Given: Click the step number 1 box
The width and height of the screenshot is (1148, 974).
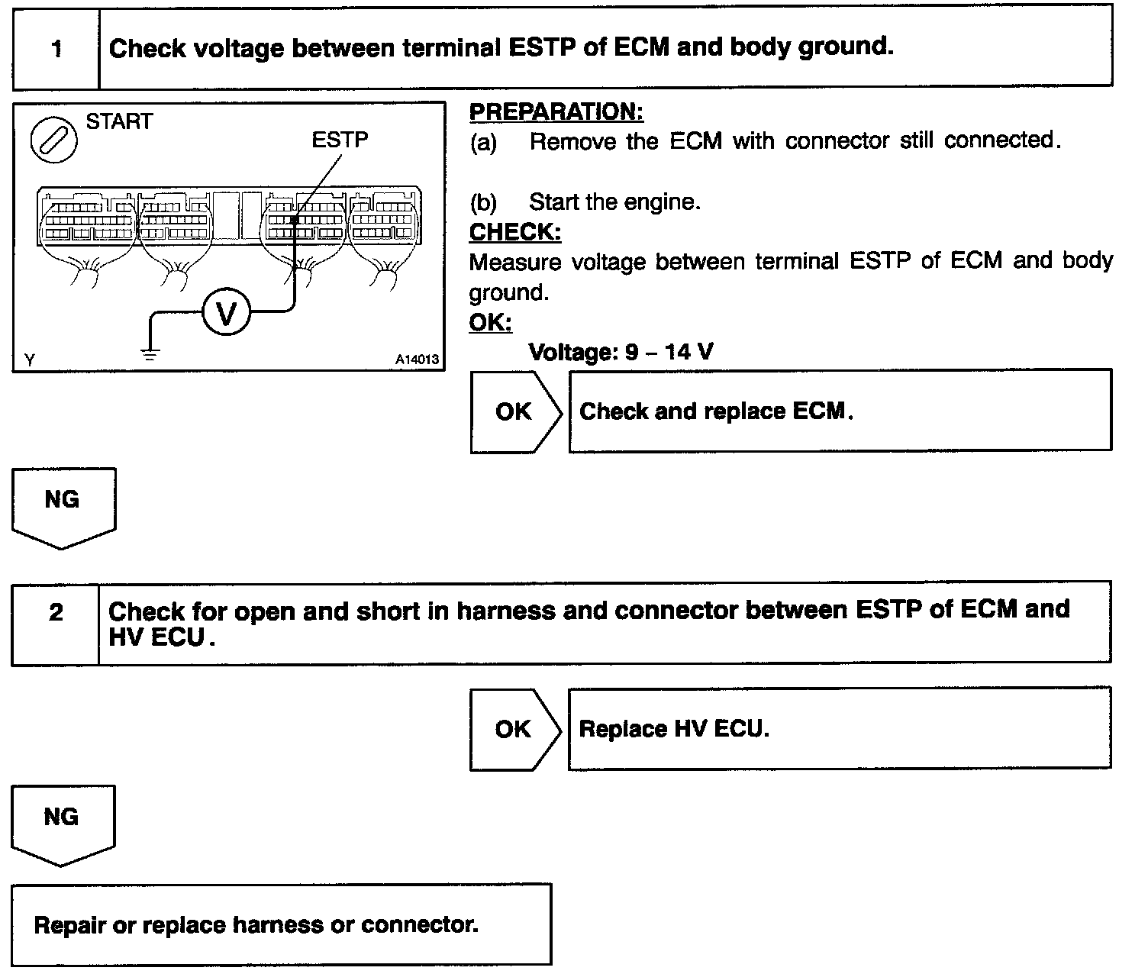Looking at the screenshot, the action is pyautogui.click(x=56, y=49).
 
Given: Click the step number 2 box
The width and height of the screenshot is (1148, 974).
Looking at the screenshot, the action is pyautogui.click(x=56, y=624).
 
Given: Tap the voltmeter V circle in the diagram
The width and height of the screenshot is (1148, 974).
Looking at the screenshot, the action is pyautogui.click(x=226, y=311).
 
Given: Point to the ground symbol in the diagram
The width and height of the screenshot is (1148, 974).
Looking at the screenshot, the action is pyautogui.click(x=150, y=354).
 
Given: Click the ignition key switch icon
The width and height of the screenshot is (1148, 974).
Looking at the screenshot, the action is pyautogui.click(x=54, y=140).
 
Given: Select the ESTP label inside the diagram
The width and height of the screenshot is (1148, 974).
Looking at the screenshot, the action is pyautogui.click(x=340, y=140).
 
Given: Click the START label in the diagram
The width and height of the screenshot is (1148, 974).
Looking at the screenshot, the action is pyautogui.click(x=119, y=121).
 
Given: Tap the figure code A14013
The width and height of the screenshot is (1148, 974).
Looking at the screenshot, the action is pyautogui.click(x=417, y=360).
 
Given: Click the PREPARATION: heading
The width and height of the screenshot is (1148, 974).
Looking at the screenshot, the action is pyautogui.click(x=556, y=111).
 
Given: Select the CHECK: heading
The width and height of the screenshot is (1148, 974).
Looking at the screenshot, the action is pyautogui.click(x=515, y=231).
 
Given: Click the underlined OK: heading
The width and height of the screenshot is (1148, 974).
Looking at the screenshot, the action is pyautogui.click(x=490, y=322).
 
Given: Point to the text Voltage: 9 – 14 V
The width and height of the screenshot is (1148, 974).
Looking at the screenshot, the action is pyautogui.click(x=621, y=351).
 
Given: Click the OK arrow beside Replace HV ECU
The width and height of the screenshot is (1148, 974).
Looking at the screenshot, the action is pyautogui.click(x=515, y=730).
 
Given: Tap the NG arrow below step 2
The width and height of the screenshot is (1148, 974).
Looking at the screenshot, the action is pyautogui.click(x=63, y=825).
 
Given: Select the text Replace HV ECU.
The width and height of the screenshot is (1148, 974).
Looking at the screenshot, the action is pyautogui.click(x=674, y=728).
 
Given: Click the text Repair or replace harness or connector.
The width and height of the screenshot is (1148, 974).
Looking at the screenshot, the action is pyautogui.click(x=256, y=925).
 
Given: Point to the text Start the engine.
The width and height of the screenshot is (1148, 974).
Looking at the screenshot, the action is pyautogui.click(x=614, y=202).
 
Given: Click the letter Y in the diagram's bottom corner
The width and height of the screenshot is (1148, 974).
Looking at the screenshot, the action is pyautogui.click(x=30, y=360).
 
